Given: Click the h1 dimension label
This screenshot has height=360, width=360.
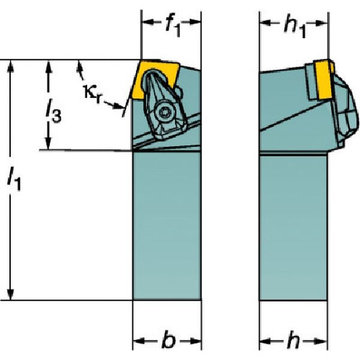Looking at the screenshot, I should (x=294, y=27).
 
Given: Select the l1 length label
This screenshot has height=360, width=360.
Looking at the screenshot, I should (x=14, y=178).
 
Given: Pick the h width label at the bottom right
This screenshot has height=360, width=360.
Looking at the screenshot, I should (x=292, y=341).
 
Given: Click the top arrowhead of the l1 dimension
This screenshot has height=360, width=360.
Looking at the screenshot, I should (x=10, y=65).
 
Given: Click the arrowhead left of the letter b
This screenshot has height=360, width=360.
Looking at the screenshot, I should (x=139, y=341).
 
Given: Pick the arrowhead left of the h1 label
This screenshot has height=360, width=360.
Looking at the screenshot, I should (x=266, y=23).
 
